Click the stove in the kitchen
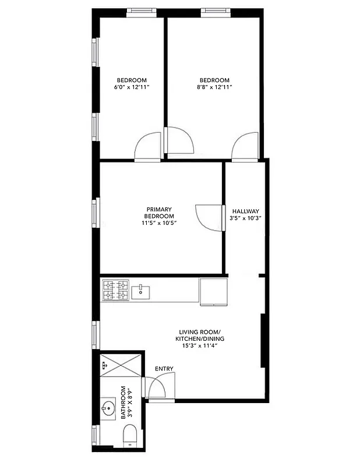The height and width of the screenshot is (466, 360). [x=115, y=290]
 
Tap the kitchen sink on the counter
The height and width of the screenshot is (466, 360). [x=141, y=291]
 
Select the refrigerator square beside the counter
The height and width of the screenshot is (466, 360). [x=214, y=291]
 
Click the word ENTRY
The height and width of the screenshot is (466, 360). [x=164, y=368]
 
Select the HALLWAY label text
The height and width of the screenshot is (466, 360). [x=245, y=211]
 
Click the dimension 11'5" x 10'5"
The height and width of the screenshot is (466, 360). [x=159, y=223]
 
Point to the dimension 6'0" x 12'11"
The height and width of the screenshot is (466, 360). [x=132, y=87]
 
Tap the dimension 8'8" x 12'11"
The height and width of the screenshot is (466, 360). [x=214, y=87]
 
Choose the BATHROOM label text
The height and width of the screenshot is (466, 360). [x=123, y=403]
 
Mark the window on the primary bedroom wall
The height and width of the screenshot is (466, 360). [x=97, y=212]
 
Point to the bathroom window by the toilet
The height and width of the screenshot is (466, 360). [x=96, y=434]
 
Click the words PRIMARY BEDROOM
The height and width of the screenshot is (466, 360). [x=159, y=213]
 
